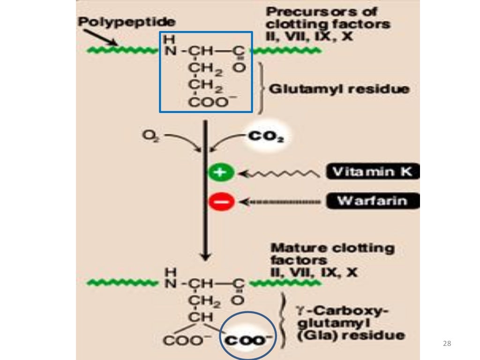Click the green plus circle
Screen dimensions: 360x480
point(221,172)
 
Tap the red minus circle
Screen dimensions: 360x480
point(221,202)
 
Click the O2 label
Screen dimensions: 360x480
point(150,136)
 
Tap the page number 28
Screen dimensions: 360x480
point(447,344)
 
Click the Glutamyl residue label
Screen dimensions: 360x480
point(339,89)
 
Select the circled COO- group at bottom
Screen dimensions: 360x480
point(248,340)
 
